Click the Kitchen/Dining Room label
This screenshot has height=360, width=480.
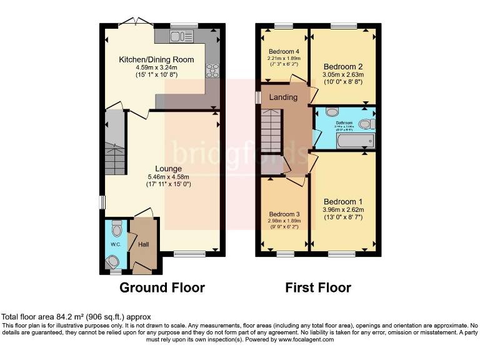point(156,59)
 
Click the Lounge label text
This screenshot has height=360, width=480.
point(169,169)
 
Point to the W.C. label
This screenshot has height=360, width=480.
point(116,244)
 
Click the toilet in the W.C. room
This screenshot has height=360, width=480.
point(116,226)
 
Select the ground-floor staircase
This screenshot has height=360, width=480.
point(115,144)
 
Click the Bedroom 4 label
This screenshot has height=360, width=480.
point(284,51)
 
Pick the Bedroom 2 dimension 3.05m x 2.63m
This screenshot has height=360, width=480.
point(343,74)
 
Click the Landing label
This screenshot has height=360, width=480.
point(283,97)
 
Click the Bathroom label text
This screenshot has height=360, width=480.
point(344,123)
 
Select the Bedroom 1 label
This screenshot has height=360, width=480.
point(343,201)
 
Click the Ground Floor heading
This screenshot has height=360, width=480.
point(162,287)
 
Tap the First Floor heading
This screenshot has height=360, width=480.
point(318,287)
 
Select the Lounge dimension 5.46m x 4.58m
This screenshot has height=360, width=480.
point(169,177)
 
